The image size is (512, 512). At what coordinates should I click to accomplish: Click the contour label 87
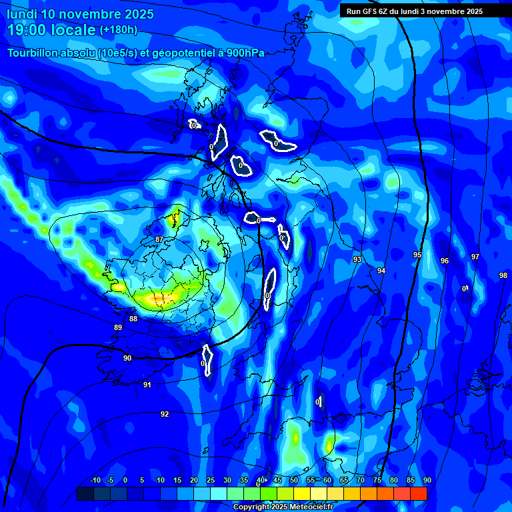point(159,239)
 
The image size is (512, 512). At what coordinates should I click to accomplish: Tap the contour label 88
point(133,319)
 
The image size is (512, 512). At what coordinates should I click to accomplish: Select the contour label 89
point(118,327)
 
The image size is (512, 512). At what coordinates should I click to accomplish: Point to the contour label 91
point(147,385)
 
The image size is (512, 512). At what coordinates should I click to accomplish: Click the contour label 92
point(165,414)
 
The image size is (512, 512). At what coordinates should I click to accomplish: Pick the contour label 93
point(357,259)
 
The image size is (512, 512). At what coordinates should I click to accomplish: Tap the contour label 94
point(381,271)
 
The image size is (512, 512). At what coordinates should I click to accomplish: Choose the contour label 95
point(417,255)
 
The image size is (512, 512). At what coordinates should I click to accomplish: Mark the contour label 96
point(445,261)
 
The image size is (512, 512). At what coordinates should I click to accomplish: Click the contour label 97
point(475,257)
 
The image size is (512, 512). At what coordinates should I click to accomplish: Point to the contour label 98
point(503,275)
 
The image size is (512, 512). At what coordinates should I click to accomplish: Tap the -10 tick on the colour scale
point(95,481)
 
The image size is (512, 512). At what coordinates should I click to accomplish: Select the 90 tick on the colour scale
point(427,481)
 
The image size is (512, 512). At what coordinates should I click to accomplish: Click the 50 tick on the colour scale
point(294,481)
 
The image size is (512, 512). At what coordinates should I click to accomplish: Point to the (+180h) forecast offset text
point(118,30)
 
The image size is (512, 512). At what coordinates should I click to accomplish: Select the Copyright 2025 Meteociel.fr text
point(282,507)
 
